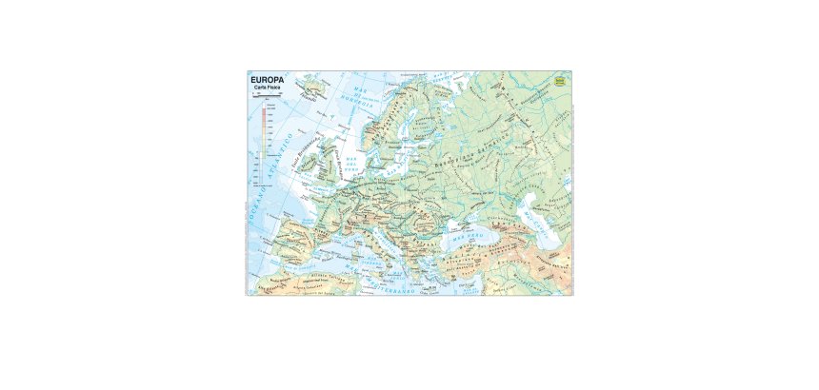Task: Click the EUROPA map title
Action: tap(267, 79)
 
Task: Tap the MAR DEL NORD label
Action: tap(351, 162)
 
